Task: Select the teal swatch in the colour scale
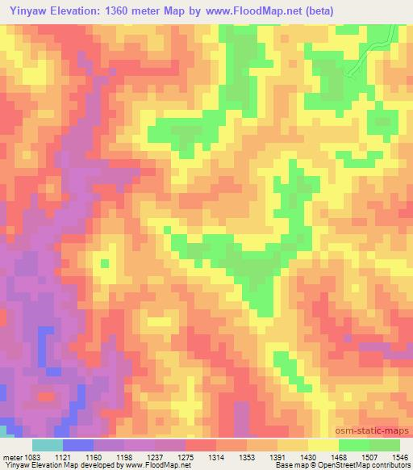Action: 48,445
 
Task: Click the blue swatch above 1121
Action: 79,445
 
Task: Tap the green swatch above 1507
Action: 353,445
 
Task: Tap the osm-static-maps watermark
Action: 373,431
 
